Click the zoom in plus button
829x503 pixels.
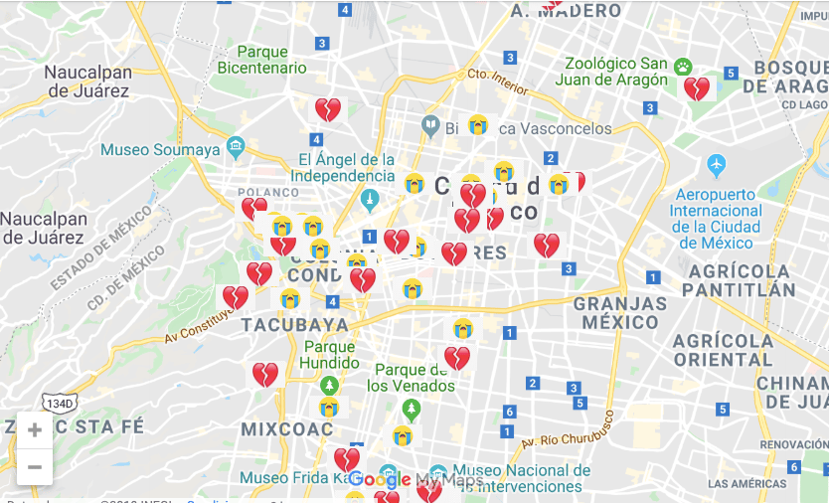coord(35,429)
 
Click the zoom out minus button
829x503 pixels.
coord(35,466)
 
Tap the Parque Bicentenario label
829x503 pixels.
coord(262,60)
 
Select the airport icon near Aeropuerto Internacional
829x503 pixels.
coord(716,164)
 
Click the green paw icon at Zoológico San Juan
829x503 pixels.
coord(683,67)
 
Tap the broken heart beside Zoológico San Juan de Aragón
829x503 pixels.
coord(697,89)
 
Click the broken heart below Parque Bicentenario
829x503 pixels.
coord(328,109)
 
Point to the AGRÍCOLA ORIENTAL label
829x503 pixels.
coord(723,350)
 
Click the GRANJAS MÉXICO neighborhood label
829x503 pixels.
coord(620,312)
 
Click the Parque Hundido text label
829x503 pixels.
coord(329,355)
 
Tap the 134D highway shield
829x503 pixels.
coord(58,403)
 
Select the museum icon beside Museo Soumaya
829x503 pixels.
coord(236,149)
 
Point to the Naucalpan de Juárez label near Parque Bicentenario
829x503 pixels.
coord(87,82)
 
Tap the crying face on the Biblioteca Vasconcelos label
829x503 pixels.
coord(478,125)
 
